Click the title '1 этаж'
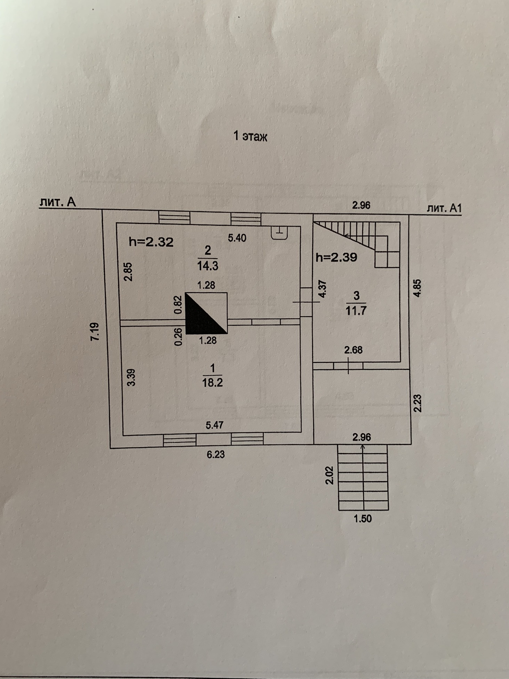[250, 136]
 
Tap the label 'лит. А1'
[444, 208]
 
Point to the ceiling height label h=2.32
[151, 242]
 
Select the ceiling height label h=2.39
[336, 257]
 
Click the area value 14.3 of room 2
[208, 266]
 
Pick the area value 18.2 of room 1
[212, 383]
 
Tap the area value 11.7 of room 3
[356, 310]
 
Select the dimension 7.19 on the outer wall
[95, 332]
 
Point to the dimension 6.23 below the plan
[216, 454]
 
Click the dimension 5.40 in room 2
[237, 238]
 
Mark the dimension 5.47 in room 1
[215, 425]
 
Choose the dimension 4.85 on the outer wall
[417, 288]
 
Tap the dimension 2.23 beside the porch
[418, 403]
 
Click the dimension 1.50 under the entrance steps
[363, 518]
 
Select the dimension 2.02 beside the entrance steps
[329, 475]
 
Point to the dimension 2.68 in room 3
[353, 350]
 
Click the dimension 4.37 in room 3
[323, 289]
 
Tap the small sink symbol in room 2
[279, 232]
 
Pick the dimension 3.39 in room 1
[131, 377]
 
